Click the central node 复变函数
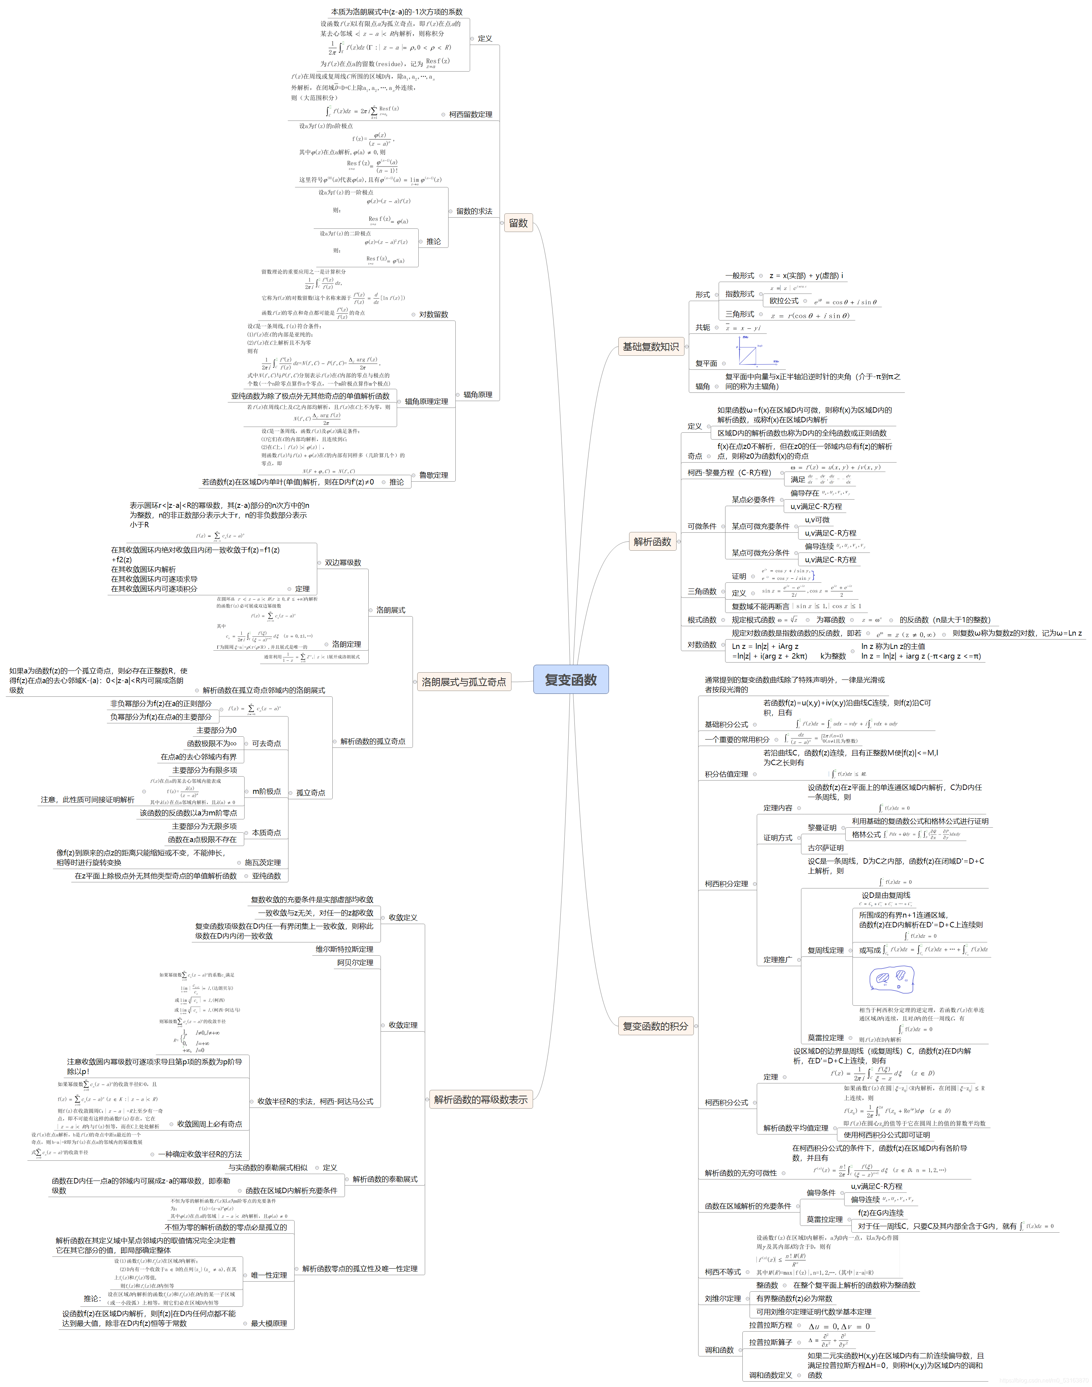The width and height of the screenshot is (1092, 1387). coord(570,680)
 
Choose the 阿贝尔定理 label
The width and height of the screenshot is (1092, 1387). coord(355,963)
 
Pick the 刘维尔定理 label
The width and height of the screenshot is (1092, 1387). coord(723,1299)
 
